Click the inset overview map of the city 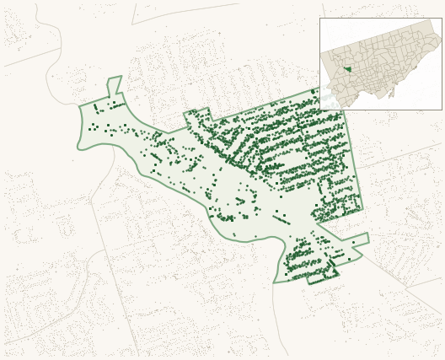pos(380,63)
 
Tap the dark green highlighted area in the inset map pos(347,70)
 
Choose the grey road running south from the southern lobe pos(277,320)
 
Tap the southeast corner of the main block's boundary pos(362,209)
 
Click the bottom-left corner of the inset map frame pos(320,109)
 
